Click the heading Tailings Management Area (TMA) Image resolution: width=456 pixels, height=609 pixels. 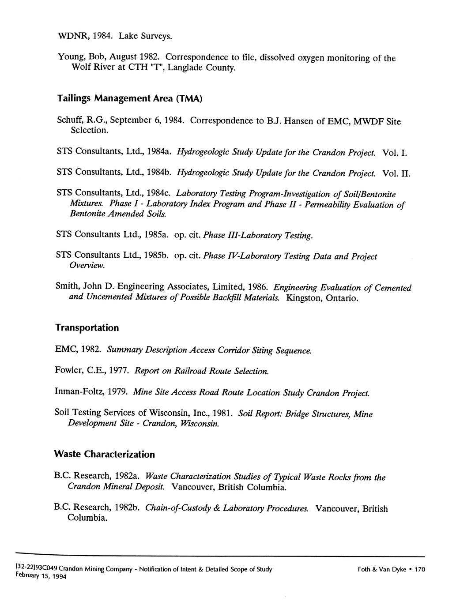pyautogui.click(x=129, y=98)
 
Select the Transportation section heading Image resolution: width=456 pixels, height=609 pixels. pyautogui.click(x=87, y=328)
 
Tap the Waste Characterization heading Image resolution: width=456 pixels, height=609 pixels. pyautogui.click(x=104, y=454)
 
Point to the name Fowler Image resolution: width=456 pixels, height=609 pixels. pyautogui.click(x=69, y=371)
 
